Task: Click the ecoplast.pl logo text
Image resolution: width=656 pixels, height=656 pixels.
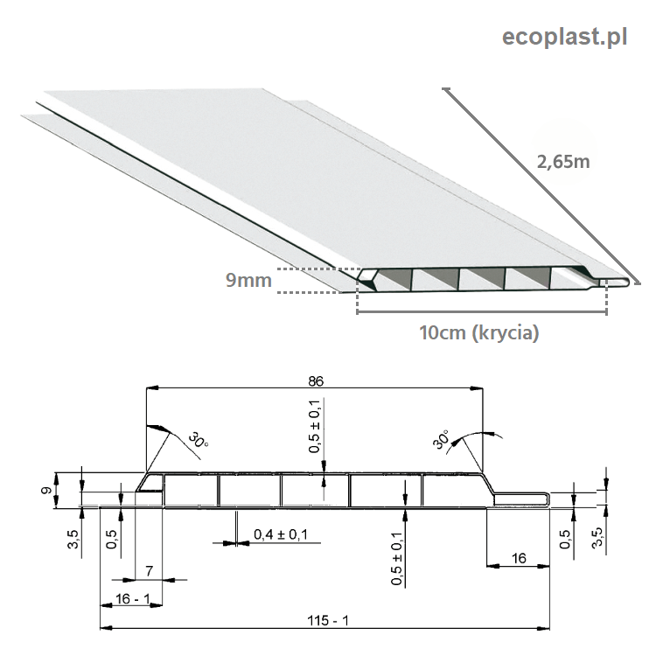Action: click(x=564, y=38)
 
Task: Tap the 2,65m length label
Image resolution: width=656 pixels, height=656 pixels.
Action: click(x=563, y=162)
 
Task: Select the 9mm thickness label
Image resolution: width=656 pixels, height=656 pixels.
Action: click(x=248, y=280)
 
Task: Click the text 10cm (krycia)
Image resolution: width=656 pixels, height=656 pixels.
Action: click(x=479, y=333)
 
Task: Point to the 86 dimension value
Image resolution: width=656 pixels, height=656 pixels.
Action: click(x=316, y=381)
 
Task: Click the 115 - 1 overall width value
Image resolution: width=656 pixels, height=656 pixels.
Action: click(x=328, y=620)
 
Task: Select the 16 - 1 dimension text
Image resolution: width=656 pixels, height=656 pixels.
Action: click(x=133, y=598)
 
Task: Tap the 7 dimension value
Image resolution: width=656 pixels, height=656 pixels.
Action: click(x=150, y=570)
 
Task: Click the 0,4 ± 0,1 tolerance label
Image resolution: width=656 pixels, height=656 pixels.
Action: click(x=281, y=534)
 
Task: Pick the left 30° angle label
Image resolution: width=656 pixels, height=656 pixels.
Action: click(x=199, y=440)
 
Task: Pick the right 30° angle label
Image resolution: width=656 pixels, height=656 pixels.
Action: click(x=441, y=440)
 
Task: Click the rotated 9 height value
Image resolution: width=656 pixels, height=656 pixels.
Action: click(x=46, y=490)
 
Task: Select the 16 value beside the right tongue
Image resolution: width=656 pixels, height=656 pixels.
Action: click(x=519, y=558)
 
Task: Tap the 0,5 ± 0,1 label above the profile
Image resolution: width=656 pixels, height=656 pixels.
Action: click(x=315, y=426)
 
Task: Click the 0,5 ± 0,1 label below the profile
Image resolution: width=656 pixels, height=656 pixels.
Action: click(x=396, y=559)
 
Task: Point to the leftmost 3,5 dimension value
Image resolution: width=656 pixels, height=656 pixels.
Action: click(x=73, y=539)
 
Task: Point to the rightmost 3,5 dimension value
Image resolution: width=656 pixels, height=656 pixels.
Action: click(x=597, y=537)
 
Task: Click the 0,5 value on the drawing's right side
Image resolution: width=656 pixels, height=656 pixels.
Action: click(x=564, y=539)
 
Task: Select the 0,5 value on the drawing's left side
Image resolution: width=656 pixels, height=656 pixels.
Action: click(x=111, y=539)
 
